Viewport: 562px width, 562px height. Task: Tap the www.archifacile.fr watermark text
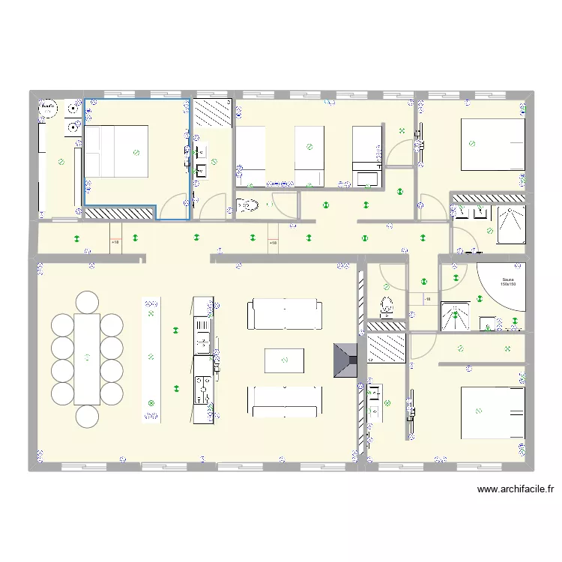(x=516, y=489)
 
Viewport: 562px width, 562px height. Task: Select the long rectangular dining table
(x=88, y=358)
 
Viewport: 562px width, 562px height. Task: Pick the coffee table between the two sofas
(x=285, y=360)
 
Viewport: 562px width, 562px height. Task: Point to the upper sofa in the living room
(x=285, y=313)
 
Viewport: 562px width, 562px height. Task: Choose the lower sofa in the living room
(x=285, y=402)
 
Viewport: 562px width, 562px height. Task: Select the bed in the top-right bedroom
(x=492, y=144)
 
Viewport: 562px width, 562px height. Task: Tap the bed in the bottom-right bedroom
(x=492, y=413)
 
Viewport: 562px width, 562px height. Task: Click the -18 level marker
(x=427, y=300)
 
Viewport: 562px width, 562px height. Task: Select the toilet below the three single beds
(x=248, y=204)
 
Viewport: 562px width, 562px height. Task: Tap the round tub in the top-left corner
(x=49, y=109)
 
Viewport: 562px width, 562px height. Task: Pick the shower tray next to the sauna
(x=456, y=315)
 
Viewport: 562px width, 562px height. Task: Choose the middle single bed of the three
(x=309, y=156)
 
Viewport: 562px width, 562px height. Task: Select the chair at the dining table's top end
(x=87, y=301)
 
